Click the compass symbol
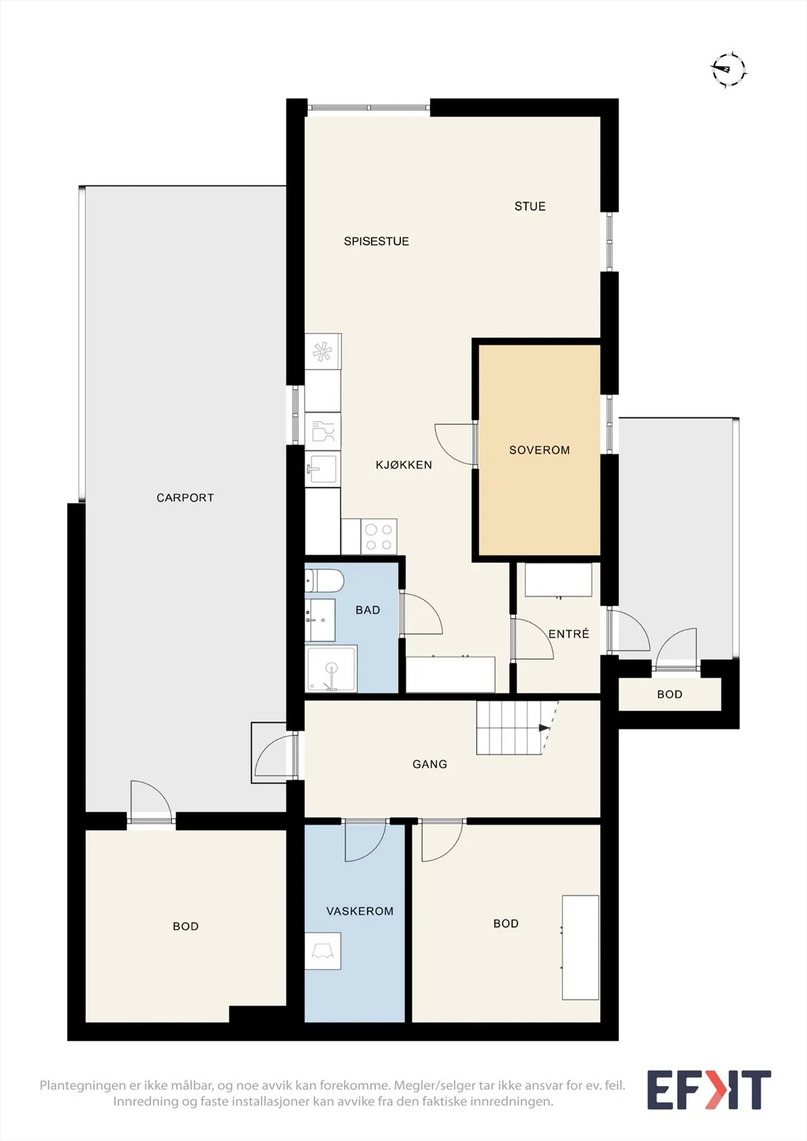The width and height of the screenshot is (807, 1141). click(x=729, y=68)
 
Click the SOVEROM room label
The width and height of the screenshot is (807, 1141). click(x=539, y=450)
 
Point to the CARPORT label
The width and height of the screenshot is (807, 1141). click(x=185, y=498)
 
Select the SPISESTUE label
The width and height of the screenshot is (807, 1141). click(x=376, y=242)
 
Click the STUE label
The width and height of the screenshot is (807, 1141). click(x=530, y=206)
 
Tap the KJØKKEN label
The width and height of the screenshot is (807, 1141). click(x=404, y=464)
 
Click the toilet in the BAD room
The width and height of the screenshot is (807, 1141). click(x=324, y=580)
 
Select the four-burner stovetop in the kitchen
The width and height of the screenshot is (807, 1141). click(x=379, y=537)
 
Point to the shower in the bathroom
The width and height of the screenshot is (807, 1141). click(x=331, y=669)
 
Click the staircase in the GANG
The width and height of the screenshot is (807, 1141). click(x=516, y=728)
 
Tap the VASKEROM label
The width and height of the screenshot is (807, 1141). click(x=360, y=911)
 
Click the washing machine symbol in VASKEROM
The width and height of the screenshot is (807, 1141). click(x=323, y=951)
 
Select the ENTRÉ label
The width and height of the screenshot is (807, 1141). click(x=569, y=634)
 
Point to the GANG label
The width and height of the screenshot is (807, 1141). click(x=430, y=764)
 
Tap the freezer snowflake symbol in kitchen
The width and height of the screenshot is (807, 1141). click(x=323, y=352)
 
